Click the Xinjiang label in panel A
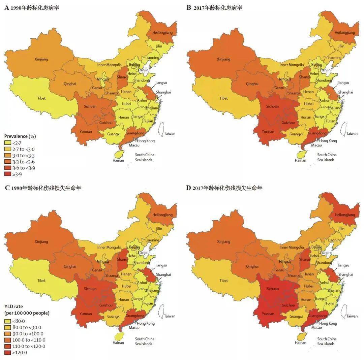pos(41,59)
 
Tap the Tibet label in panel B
pos(223,98)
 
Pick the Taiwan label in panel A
pos(170,134)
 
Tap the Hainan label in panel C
pos(118,343)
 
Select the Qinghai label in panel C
pos(70,266)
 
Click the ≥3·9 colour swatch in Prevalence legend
pos(7,174)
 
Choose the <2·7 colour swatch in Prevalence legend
pos(7,143)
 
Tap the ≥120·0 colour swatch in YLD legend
pos(7,353)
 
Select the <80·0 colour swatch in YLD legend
pos(7,321)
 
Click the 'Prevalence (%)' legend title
pos(20,136)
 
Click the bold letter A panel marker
pos(6,7)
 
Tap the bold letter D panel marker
pos(188,188)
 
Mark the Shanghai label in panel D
pos(346,274)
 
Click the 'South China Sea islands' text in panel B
pos(326,157)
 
